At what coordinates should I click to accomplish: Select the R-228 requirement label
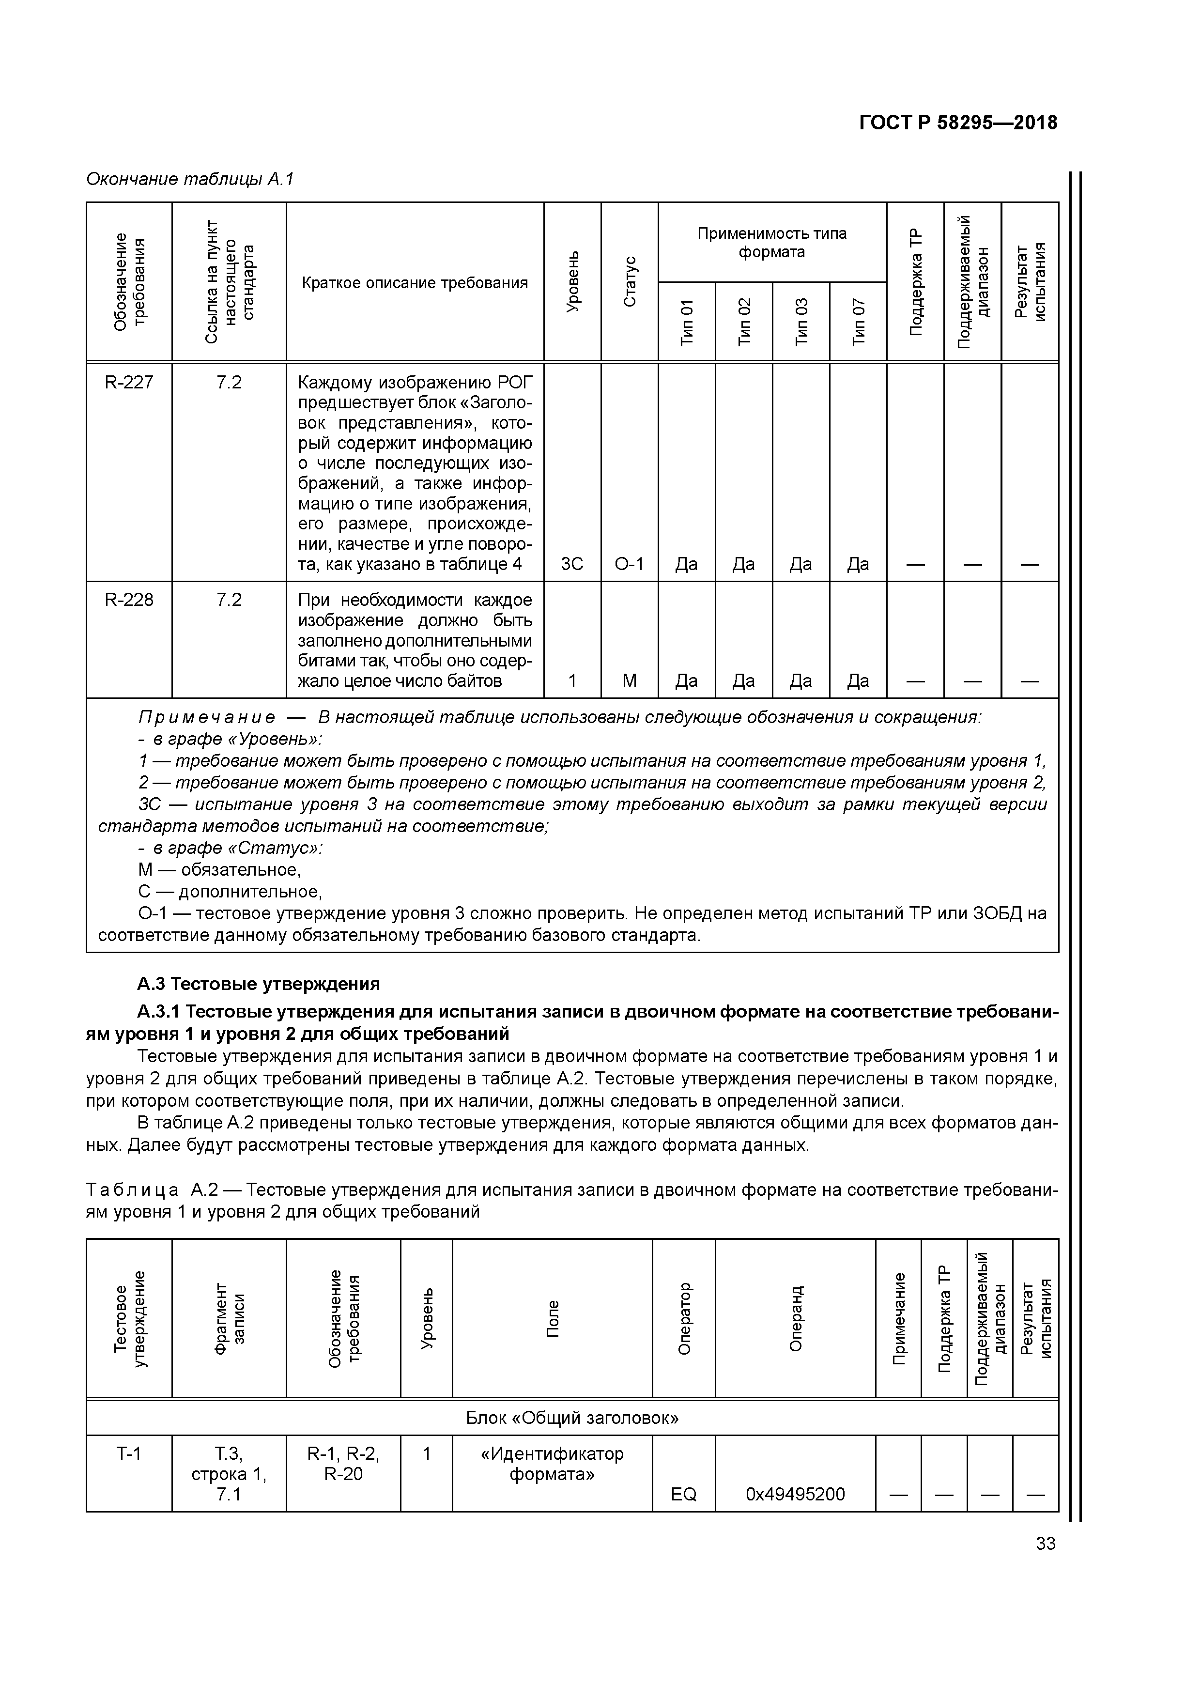tap(129, 600)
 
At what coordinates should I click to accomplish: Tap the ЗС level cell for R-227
tap(571, 564)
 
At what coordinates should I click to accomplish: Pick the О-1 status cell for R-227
tap(629, 564)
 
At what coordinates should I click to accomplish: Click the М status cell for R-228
tap(629, 680)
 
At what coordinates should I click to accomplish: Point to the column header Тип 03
tap(801, 321)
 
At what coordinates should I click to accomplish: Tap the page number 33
tap(1046, 1544)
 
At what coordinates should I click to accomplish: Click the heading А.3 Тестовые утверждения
tap(258, 984)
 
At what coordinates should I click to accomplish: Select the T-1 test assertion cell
tap(129, 1453)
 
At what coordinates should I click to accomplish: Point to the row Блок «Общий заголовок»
tap(571, 1418)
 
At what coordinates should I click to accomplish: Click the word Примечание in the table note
tap(206, 717)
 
